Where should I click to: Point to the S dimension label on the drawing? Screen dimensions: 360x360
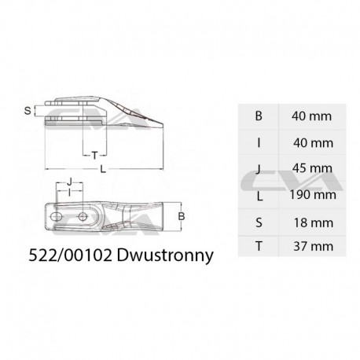coord(28,111)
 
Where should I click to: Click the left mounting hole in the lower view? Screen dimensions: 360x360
coord(57,214)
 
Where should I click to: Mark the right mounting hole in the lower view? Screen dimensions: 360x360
coord(82,214)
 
